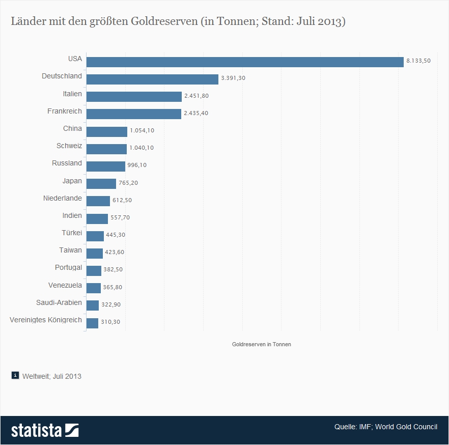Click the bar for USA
[244, 62]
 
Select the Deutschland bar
[152, 79]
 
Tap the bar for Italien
[134, 96]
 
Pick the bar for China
[107, 131]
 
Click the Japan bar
[101, 183]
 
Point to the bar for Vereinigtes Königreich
[92, 323]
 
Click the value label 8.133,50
[418, 61]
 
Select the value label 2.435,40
[195, 113]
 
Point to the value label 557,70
[120, 217]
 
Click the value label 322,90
[111, 304]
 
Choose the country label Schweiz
[69, 146]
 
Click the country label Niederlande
[63, 198]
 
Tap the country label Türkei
[72, 233]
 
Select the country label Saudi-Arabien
[59, 302]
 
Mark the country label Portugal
[68, 267]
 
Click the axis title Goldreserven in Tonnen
[262, 344]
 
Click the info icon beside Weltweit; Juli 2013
[15, 376]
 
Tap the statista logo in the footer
[45, 430]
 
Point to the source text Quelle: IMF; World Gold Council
[385, 427]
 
